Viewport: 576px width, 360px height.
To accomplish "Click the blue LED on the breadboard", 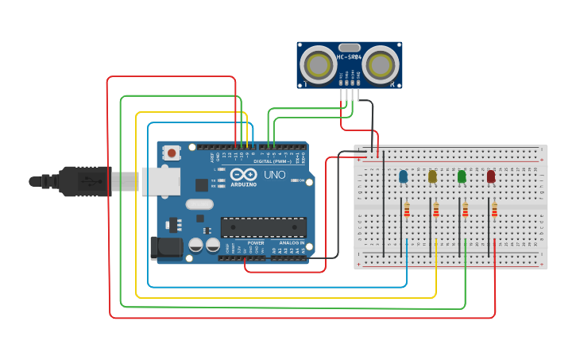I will click(x=403, y=176).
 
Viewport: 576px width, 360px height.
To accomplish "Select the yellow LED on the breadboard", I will click(x=432, y=176).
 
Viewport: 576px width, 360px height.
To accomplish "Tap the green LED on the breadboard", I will click(x=462, y=176).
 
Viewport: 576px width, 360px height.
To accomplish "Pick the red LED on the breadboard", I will click(x=491, y=176).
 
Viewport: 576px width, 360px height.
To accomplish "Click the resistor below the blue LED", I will click(x=407, y=210).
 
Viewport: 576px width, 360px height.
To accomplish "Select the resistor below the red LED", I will click(x=494, y=210).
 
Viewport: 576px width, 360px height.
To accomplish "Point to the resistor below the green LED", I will click(x=466, y=210).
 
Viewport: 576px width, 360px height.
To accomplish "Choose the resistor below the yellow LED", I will click(x=436, y=210).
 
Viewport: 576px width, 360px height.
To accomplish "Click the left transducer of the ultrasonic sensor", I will click(x=319, y=64).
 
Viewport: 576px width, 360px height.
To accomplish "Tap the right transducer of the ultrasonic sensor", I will click(x=380, y=64).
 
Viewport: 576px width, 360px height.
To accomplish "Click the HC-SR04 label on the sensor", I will click(x=350, y=57).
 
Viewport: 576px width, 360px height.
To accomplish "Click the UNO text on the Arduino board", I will click(x=274, y=175).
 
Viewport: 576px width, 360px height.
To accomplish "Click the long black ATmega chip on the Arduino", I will click(x=263, y=227).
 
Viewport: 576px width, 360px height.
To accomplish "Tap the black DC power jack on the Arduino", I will click(x=165, y=247).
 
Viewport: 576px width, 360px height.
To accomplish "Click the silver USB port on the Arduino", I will click(x=160, y=181).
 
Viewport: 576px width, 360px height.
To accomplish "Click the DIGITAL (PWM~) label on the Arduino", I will click(x=273, y=161).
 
